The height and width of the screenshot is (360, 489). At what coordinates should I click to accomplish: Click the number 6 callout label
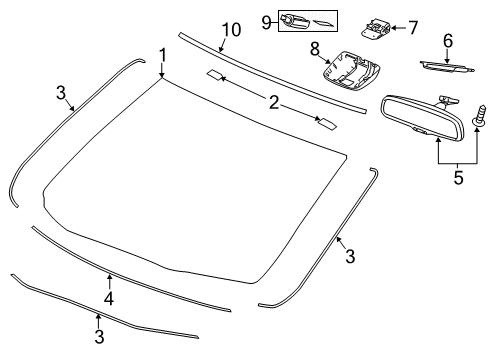pyautogui.click(x=448, y=40)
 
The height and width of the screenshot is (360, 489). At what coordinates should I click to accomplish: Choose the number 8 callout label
pyautogui.click(x=314, y=48)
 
